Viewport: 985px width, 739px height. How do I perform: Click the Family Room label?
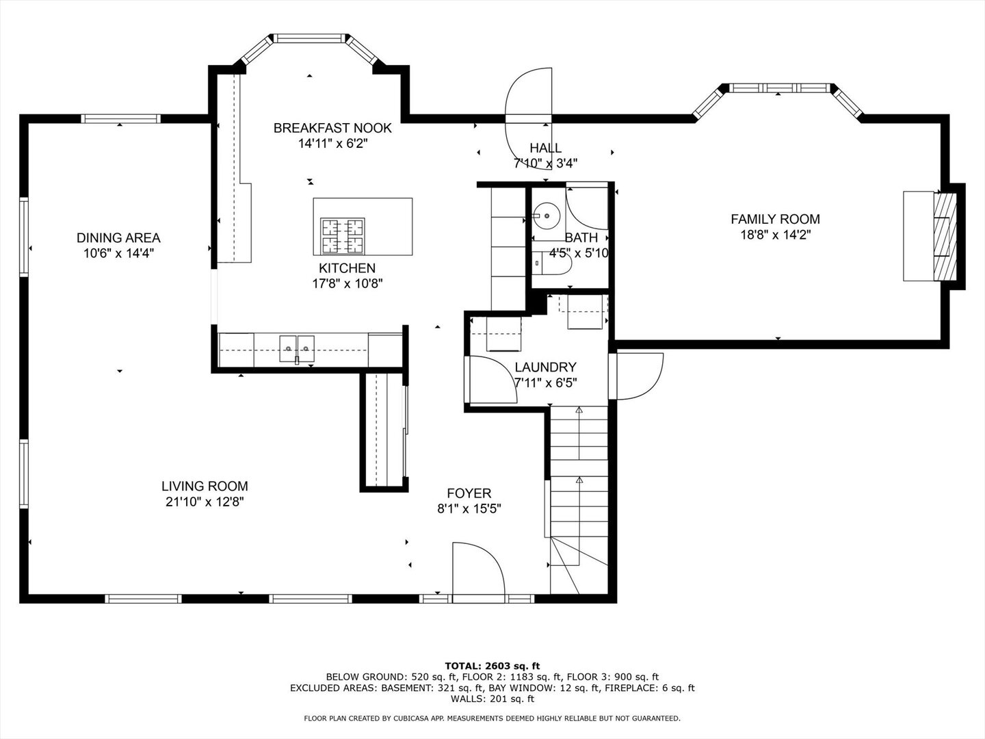point(775,220)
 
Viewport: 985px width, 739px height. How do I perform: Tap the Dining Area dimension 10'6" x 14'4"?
point(118,253)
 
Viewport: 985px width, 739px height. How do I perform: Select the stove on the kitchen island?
point(343,236)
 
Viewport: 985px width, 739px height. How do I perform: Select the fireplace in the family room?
point(945,235)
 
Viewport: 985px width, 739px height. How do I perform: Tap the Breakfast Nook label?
point(332,128)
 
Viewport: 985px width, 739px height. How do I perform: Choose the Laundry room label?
point(545,367)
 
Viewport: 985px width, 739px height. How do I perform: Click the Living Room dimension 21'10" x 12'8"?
point(205,502)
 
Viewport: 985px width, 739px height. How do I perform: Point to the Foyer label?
point(469,493)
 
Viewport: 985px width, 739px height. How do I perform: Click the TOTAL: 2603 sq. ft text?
point(492,665)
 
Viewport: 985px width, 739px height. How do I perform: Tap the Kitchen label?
point(347,268)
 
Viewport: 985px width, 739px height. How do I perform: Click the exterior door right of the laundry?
point(639,374)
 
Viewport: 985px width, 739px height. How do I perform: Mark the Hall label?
point(545,148)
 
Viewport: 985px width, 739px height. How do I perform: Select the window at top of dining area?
point(120,118)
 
